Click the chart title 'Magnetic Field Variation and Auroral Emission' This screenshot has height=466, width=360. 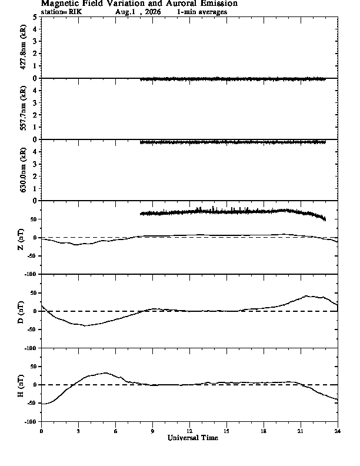tap(139, 4)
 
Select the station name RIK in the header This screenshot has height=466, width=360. tap(75, 12)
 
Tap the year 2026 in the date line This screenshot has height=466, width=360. tap(153, 12)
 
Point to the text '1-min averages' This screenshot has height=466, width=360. tap(202, 12)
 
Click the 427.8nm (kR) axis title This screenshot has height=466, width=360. tap(23, 47)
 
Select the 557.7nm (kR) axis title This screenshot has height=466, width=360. tap(23, 108)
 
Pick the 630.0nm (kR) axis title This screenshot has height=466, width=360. tap(23, 169)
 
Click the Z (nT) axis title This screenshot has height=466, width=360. tap(21, 239)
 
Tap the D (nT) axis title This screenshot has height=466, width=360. tap(21, 312)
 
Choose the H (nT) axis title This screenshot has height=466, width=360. tap(21, 386)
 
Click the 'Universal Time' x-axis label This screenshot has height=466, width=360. tap(193, 438)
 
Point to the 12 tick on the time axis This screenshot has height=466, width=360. tap(189, 431)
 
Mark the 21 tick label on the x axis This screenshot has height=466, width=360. tap(301, 431)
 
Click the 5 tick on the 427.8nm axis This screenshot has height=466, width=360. tap(35, 17)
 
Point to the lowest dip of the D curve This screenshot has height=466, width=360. tap(85, 326)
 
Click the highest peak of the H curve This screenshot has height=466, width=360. tap(105, 372)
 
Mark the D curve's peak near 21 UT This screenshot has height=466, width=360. tap(306, 296)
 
